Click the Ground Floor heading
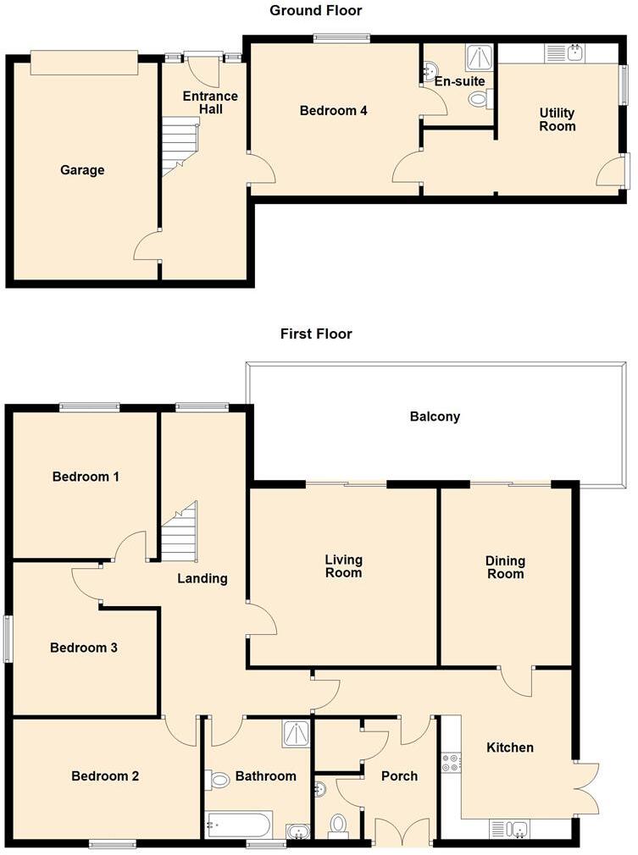[315, 11]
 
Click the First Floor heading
[316, 334]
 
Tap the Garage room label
[82, 170]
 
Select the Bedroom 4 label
[334, 110]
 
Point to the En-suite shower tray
[479, 57]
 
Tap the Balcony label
[435, 416]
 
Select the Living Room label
[344, 566]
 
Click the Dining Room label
[505, 567]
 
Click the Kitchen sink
[508, 828]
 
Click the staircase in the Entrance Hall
[180, 146]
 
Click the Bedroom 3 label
[84, 648]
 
